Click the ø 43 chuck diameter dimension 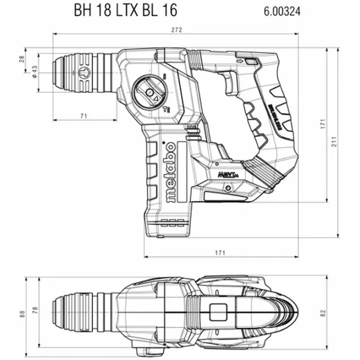(34, 72)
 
